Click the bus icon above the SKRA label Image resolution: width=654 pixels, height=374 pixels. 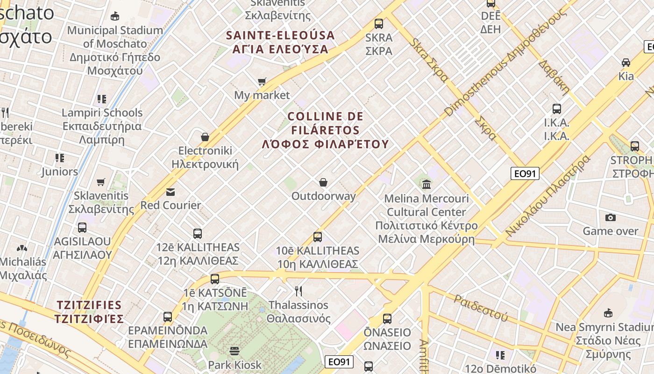click(379, 23)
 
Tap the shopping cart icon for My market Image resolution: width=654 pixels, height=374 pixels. click(262, 82)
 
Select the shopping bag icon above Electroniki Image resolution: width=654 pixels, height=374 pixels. click(205, 137)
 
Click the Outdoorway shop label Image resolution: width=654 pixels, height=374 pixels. click(323, 196)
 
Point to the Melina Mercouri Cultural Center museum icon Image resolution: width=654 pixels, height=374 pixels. click(427, 184)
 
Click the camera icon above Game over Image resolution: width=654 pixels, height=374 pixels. click(610, 217)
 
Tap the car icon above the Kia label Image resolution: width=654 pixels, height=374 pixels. click(626, 62)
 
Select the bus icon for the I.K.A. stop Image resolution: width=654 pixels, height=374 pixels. click(556, 109)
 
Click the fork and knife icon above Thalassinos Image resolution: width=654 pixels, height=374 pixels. click(299, 291)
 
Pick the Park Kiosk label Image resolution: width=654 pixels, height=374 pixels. click(235, 365)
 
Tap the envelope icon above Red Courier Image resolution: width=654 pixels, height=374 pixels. click(171, 192)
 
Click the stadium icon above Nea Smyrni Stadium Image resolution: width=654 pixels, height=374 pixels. click(608, 313)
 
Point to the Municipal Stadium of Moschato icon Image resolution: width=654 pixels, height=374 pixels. click(115, 16)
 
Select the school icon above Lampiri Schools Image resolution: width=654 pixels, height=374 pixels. click(102, 99)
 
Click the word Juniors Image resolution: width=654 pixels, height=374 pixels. click(59, 172)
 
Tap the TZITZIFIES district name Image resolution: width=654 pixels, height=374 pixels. click(89, 305)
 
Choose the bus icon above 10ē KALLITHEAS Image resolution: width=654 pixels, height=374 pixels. click(318, 237)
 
